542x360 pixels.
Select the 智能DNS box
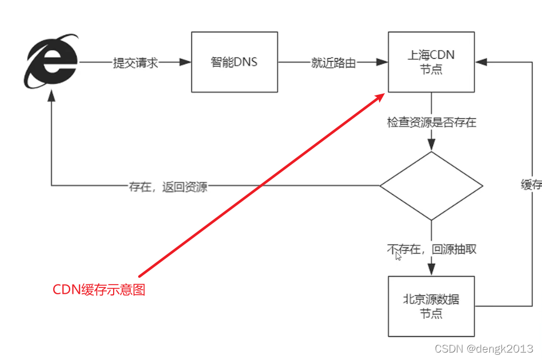tap(234, 62)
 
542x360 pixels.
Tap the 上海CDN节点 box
tap(431, 62)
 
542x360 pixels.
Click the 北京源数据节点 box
tap(431, 306)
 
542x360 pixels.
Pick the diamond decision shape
tap(431, 186)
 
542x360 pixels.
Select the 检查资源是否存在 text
tap(431, 122)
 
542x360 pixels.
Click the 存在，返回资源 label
tap(168, 187)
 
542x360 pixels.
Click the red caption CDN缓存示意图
tap(99, 290)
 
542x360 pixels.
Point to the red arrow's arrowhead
tap(379, 98)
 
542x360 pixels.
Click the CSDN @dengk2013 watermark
tap(484, 349)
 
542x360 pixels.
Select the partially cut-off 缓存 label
tap(532, 185)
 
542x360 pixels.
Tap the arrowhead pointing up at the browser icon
tap(51, 97)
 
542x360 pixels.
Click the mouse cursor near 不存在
tap(399, 256)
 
